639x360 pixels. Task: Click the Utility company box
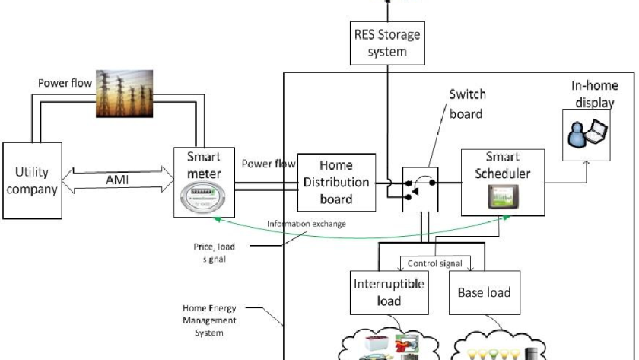pos(32,180)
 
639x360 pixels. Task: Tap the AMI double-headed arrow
pos(118,180)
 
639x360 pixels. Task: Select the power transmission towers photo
pos(124,94)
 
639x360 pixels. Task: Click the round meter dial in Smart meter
pos(202,197)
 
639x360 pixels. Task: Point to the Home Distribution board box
pos(336,182)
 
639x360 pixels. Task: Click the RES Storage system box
pos(387,43)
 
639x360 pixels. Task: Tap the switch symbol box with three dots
pos(420,190)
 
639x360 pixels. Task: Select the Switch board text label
pos(467,104)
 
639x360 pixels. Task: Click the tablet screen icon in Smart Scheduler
pos(504,196)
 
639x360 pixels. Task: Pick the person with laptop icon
pos(587,133)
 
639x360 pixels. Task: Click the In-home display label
pos(595,94)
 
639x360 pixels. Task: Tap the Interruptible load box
pos(389,292)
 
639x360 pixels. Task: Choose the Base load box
pos(485,292)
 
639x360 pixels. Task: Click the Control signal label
pos(435,263)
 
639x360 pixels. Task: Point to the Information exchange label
pos(306,224)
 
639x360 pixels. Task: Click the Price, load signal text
pos(215,253)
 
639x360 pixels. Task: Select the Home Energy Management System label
pos(209,320)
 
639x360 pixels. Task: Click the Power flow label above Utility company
pos(65,83)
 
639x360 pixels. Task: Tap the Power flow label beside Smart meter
pos(269,164)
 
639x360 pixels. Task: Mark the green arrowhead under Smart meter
pos(218,219)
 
